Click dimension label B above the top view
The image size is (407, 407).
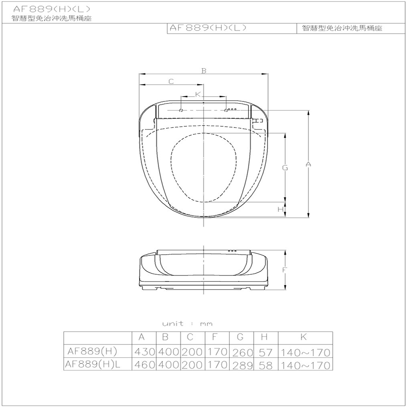pyautogui.click(x=204, y=71)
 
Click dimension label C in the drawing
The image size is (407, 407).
pyautogui.click(x=171, y=82)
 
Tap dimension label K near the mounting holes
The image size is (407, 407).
pyautogui.click(x=198, y=94)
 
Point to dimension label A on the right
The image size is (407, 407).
pyautogui.click(x=308, y=164)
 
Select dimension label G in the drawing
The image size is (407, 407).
pyautogui.click(x=285, y=168)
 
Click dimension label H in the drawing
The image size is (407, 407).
pyautogui.click(x=281, y=209)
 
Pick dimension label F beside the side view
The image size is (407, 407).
pyautogui.click(x=285, y=270)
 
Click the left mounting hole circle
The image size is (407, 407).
pyautogui.click(x=181, y=110)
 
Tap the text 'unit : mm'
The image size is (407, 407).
pyautogui.click(x=187, y=324)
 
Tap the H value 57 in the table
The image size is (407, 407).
pyautogui.click(x=266, y=353)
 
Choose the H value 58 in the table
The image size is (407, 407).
pyautogui.click(x=266, y=366)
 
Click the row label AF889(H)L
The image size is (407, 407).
pyautogui.click(x=93, y=364)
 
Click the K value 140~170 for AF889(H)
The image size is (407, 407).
pyautogui.click(x=306, y=353)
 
